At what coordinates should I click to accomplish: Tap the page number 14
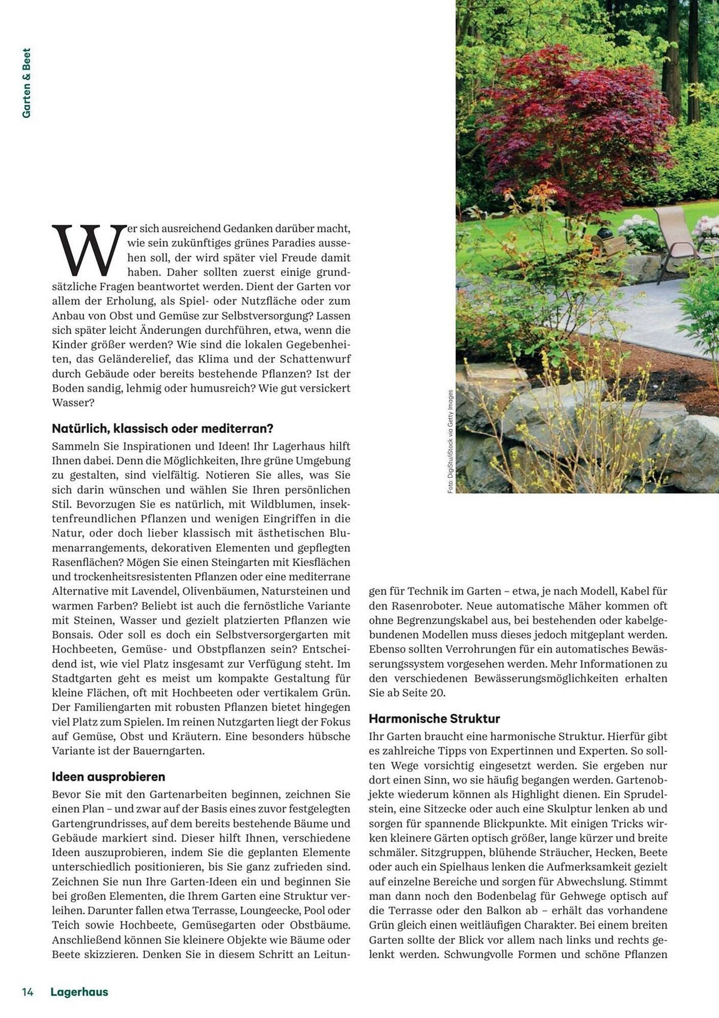pos(27,992)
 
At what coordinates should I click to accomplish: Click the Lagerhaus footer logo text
pos(79,992)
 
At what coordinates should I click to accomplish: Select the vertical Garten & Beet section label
pos(26,83)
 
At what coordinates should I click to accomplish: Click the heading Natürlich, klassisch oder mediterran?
pos(163,429)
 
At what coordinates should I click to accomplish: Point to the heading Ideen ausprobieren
pos(108,777)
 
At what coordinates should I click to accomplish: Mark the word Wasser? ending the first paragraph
pos(73,403)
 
